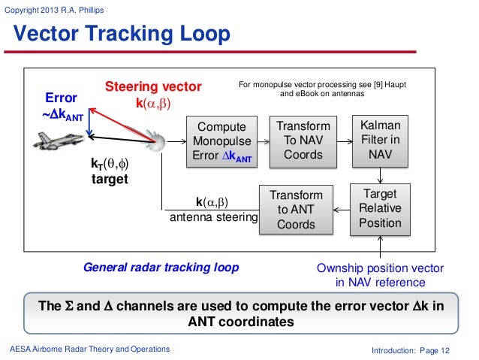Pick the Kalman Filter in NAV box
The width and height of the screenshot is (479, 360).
[381, 141]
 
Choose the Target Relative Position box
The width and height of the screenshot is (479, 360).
[381, 208]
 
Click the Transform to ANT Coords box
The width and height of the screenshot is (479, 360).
[296, 209]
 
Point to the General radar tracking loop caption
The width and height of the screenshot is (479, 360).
[161, 268]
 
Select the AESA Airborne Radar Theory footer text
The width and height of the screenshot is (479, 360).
[89, 349]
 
